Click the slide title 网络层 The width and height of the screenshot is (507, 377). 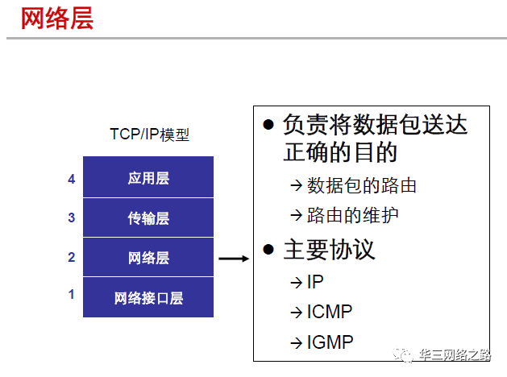57,19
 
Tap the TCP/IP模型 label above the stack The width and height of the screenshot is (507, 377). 149,135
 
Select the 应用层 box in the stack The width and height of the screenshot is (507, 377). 148,178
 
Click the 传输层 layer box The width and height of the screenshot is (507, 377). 148,218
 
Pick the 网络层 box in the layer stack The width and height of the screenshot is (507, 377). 148,258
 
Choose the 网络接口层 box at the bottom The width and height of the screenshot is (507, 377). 148,297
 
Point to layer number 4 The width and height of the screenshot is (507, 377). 72,179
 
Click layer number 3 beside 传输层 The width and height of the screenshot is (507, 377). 72,218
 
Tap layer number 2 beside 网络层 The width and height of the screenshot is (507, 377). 72,258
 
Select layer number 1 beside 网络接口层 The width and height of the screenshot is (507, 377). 72,295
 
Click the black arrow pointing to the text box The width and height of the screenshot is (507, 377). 233,259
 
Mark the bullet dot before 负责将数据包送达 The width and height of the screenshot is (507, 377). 269,126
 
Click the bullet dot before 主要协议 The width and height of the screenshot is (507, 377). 269,250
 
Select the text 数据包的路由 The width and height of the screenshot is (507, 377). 362,186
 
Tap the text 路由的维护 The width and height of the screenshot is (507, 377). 353,216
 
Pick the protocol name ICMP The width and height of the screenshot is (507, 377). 330,312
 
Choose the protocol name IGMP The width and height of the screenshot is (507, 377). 330,342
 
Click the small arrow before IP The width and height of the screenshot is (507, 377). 296,283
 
